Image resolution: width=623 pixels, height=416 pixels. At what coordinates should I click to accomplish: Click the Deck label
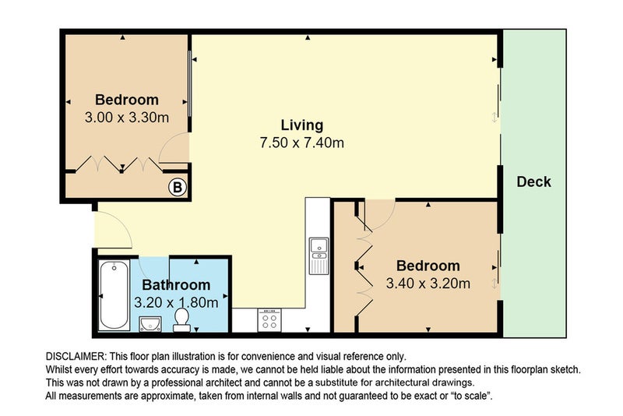click(533, 182)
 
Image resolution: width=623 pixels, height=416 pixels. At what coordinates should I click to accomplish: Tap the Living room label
click(301, 125)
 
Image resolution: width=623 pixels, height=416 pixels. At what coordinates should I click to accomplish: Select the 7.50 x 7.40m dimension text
click(301, 143)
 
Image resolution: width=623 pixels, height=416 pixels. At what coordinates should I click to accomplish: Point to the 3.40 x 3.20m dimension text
click(427, 284)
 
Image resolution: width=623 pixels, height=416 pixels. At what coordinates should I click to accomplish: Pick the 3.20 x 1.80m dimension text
click(176, 302)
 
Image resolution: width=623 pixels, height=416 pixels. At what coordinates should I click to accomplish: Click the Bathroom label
click(176, 285)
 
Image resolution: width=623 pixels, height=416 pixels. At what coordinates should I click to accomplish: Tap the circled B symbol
click(178, 187)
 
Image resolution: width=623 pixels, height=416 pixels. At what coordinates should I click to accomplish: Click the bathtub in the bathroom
click(114, 296)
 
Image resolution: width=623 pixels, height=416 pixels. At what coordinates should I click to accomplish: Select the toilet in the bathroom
click(181, 317)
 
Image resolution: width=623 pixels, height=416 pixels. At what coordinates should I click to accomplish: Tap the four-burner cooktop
click(269, 319)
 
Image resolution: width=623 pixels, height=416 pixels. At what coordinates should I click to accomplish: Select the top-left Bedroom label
click(126, 100)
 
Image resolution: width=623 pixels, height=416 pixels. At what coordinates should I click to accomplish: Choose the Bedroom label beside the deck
click(427, 266)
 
